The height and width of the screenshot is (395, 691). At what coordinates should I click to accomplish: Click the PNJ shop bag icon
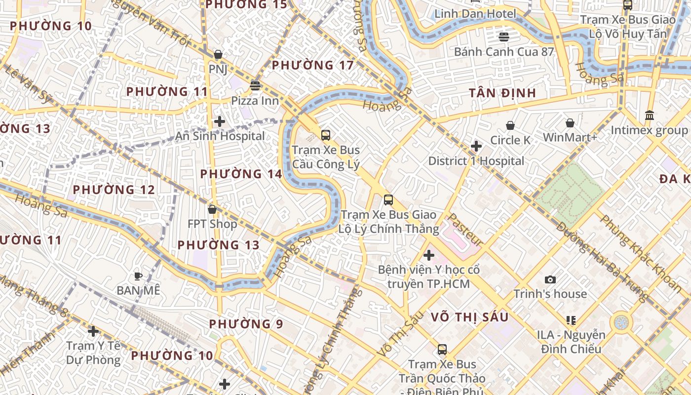218,54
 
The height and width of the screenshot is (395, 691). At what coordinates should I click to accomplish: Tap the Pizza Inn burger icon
255,85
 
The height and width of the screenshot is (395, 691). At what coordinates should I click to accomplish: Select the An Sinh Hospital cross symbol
220,121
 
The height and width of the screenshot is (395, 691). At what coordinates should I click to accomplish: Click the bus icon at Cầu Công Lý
326,135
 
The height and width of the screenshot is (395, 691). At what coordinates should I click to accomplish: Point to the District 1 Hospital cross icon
476,146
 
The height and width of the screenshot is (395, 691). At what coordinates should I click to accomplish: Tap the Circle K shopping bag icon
510,125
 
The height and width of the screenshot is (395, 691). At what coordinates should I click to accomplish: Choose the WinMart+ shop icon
570,122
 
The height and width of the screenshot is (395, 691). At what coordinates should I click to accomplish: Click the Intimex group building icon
650,115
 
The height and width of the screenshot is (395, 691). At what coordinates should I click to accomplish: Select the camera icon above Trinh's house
550,279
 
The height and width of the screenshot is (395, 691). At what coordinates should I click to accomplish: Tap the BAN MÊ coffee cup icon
138,276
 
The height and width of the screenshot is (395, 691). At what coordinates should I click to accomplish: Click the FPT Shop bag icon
212,209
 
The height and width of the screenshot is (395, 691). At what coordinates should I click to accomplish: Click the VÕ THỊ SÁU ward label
469,317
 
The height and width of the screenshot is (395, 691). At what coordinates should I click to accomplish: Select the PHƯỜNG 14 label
241,174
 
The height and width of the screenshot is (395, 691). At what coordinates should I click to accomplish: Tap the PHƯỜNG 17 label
313,65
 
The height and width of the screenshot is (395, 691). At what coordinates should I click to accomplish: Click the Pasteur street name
465,230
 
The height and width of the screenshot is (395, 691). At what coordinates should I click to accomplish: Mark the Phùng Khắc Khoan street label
641,252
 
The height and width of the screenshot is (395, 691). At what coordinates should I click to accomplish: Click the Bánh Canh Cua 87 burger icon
504,37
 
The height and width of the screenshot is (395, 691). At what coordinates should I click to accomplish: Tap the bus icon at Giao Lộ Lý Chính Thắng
388,200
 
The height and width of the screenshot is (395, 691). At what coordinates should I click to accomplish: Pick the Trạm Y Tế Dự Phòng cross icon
93,331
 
